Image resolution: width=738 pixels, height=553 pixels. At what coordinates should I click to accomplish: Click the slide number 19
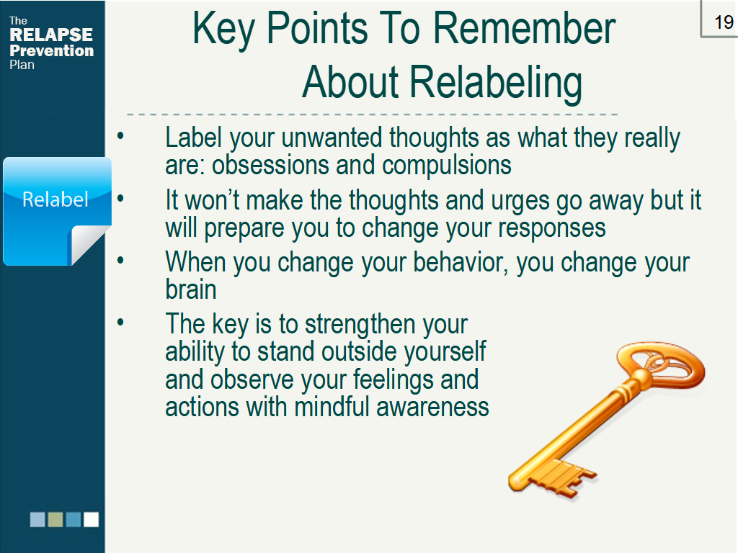coord(723,22)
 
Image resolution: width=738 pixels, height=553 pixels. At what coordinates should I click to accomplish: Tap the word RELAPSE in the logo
coord(50,35)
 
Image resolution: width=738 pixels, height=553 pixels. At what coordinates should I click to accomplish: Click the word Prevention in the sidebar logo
coord(51,50)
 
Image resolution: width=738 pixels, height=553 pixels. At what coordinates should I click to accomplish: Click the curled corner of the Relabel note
coord(92,244)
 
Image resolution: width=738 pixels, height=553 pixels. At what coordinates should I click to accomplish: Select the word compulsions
coord(447,165)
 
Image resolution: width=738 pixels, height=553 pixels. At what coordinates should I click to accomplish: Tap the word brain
coord(190,289)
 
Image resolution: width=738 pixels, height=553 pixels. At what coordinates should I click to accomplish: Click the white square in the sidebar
coord(91,519)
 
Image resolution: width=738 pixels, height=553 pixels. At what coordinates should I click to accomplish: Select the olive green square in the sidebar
coord(55,519)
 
